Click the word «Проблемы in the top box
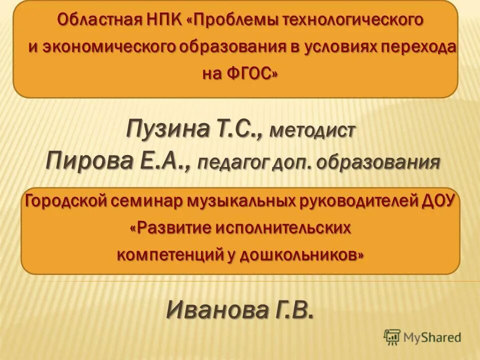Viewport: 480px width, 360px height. (x=234, y=20)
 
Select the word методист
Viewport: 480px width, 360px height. (x=312, y=132)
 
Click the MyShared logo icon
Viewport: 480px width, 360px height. (x=392, y=338)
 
